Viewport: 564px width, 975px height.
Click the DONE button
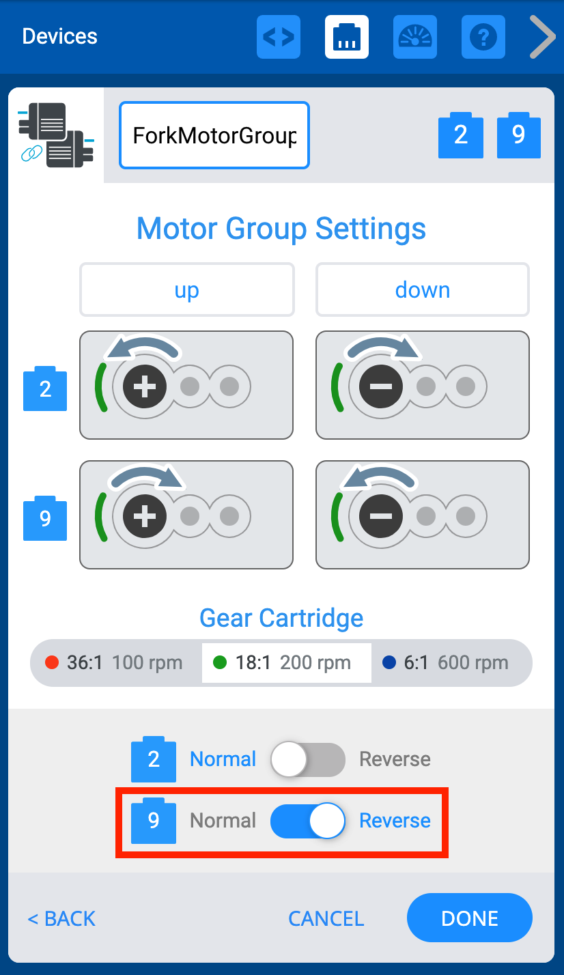(x=469, y=918)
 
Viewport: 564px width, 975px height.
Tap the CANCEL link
(x=326, y=918)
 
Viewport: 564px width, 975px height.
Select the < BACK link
(x=61, y=918)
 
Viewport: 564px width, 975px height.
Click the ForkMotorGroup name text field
(x=214, y=135)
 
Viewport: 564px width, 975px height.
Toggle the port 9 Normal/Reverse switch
(x=307, y=820)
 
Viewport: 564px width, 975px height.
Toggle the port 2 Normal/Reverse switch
(x=307, y=759)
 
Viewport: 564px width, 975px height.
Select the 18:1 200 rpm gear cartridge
(x=286, y=662)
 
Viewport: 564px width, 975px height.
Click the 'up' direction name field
(x=186, y=290)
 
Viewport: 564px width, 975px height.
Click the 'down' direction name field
(x=422, y=290)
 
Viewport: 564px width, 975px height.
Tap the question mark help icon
(x=483, y=37)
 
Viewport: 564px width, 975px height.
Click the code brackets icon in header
(x=279, y=37)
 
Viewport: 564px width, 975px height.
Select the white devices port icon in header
(x=347, y=37)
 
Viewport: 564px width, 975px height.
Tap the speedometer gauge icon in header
(x=415, y=37)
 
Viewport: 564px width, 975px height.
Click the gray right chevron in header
(x=543, y=37)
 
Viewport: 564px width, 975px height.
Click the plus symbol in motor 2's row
(x=144, y=387)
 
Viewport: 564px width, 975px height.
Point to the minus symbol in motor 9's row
(x=380, y=517)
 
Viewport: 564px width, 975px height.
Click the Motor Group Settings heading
(x=281, y=228)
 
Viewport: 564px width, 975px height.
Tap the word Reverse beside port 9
(x=395, y=820)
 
